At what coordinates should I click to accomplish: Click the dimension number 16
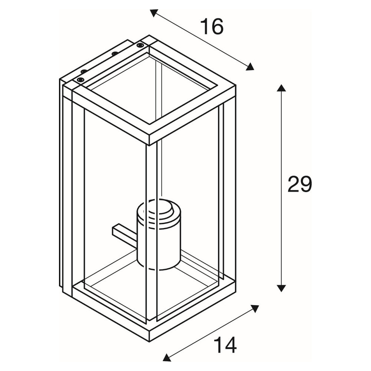tap(212, 26)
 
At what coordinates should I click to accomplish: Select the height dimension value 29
tap(300, 184)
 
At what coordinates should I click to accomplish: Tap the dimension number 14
tap(225, 345)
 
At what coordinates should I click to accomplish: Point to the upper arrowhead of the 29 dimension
tap(281, 88)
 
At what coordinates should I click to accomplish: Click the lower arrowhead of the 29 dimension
tap(281, 288)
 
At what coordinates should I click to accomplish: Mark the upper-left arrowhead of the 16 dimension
tap(154, 13)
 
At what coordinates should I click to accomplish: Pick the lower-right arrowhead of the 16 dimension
tap(250, 67)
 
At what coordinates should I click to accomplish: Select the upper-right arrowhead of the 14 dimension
tap(255, 308)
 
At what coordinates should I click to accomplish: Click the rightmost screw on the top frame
tap(140, 45)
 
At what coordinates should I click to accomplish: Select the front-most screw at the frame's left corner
tap(81, 79)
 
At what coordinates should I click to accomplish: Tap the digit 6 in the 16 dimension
tap(217, 26)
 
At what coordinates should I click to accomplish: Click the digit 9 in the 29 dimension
tap(306, 184)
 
